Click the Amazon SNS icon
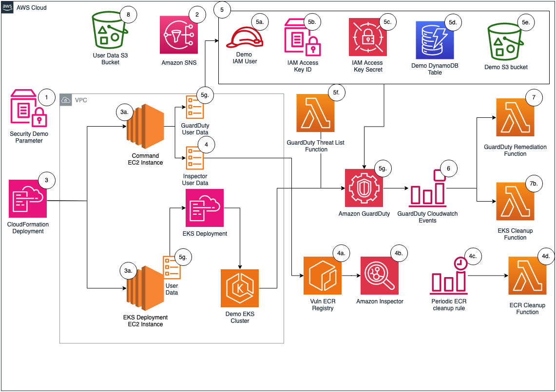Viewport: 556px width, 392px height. point(179,35)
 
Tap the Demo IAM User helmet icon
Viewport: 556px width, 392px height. point(244,38)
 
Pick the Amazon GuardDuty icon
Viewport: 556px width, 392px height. point(364,187)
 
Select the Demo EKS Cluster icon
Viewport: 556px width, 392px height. point(240,288)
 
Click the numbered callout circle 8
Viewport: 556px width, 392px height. point(128,15)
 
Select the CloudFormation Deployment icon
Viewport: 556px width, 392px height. point(27,198)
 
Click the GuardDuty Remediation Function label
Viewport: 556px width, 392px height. point(515,150)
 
